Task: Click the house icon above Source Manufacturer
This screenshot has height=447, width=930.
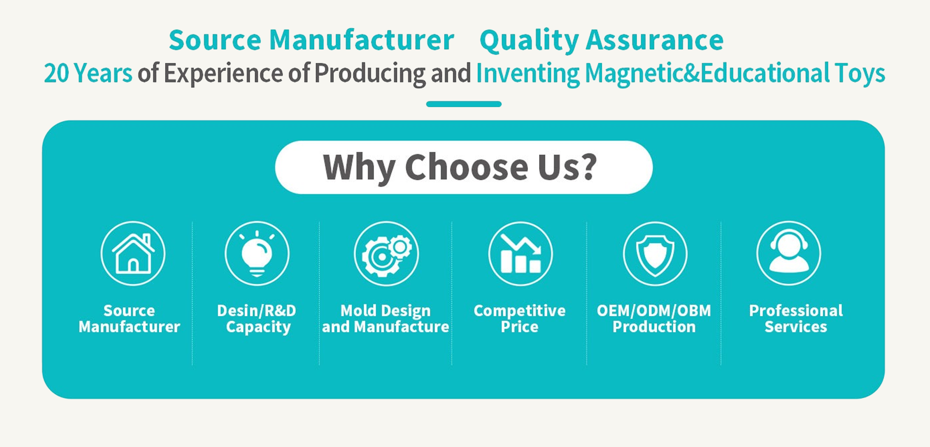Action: [x=133, y=253]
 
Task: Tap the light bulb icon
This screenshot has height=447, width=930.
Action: [x=257, y=253]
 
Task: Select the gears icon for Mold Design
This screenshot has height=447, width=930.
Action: [x=386, y=253]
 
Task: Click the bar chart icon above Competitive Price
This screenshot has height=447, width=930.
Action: [x=520, y=253]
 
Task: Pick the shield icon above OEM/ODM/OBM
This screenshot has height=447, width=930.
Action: [x=655, y=253]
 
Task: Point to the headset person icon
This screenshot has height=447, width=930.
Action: [x=789, y=253]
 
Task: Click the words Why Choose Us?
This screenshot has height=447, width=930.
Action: [x=460, y=167]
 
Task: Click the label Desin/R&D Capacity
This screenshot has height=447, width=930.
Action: [x=257, y=319]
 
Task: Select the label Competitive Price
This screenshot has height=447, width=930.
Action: [x=520, y=319]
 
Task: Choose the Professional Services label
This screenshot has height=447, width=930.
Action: [x=796, y=319]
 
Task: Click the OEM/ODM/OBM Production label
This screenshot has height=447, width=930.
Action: [x=654, y=319]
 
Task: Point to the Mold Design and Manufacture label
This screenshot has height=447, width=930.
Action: [x=386, y=319]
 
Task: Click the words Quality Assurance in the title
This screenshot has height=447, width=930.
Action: [x=602, y=40]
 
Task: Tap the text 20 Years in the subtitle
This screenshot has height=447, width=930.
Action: [x=88, y=73]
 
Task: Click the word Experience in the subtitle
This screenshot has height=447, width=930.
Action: [x=223, y=74]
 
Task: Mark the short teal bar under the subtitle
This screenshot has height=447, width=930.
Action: [x=464, y=104]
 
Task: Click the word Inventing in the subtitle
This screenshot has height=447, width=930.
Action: [x=527, y=74]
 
